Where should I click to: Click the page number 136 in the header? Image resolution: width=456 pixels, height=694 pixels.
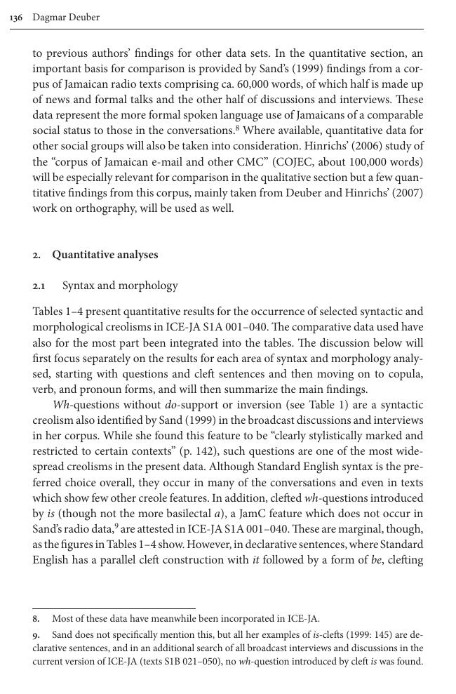[17, 18]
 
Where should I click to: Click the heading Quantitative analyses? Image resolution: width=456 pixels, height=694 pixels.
[105, 255]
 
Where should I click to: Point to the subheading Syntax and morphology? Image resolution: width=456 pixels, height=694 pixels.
[120, 286]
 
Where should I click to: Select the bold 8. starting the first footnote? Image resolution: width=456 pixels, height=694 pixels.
[36, 619]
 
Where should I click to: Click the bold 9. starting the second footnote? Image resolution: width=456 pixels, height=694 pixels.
[36, 634]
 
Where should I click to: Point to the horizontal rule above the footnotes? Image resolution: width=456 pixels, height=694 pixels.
[114, 608]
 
